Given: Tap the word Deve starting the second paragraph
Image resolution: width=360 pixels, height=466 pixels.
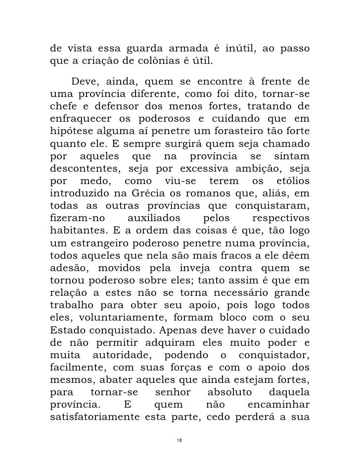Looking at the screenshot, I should tap(84, 82).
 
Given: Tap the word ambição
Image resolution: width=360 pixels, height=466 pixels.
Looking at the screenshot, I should tap(255, 172).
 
